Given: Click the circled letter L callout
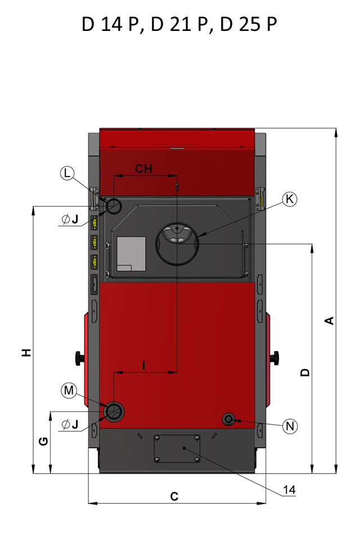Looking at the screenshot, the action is [67, 173].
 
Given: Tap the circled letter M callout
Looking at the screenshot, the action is [69, 390].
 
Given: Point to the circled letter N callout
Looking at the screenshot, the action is [290, 426].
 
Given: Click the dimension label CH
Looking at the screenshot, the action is [143, 169].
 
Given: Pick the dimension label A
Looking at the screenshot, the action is [330, 321].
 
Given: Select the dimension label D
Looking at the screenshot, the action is [305, 372].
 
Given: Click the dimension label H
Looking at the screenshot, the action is [26, 352].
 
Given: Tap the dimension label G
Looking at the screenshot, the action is [43, 441].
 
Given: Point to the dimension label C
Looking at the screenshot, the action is [174, 496].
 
